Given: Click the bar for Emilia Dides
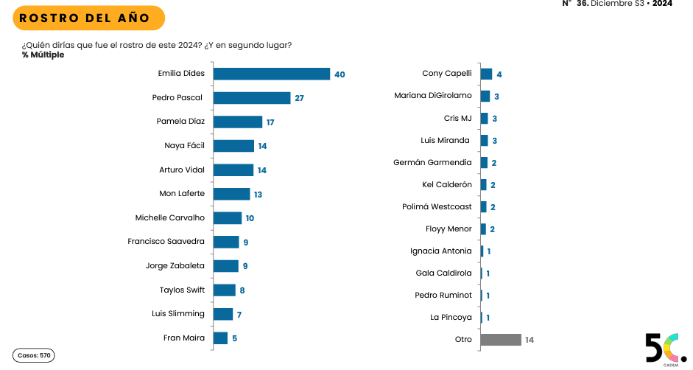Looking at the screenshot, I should (271, 74).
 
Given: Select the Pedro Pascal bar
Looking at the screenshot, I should (252, 98).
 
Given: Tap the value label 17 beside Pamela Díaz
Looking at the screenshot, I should (271, 122).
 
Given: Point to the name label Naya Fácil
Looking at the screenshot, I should (184, 146).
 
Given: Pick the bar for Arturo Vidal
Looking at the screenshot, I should (233, 170).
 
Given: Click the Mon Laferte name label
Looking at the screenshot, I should (182, 194).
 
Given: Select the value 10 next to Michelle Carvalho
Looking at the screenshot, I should (250, 218).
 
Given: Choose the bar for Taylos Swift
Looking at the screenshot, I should (225, 290).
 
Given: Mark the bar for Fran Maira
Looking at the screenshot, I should (220, 338).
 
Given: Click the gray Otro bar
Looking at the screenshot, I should (501, 340).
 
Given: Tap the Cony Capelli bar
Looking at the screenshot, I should (486, 74).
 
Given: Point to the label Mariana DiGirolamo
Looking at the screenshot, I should (433, 95).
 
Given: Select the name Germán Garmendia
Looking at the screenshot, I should (432, 162).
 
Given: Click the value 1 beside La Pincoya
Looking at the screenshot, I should (488, 318).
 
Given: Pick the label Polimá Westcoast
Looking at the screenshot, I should (437, 207).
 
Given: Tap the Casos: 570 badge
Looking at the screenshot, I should (34, 355).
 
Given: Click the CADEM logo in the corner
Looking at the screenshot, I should (665, 349).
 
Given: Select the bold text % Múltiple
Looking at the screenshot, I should (43, 55).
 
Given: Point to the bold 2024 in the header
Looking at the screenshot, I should (662, 4).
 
